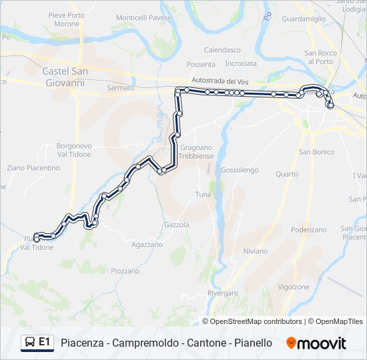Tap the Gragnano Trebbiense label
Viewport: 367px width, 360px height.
[x=196, y=151]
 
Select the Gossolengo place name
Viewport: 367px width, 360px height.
[x=240, y=170]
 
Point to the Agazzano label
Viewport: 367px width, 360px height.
[x=147, y=245]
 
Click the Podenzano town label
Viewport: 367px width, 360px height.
[x=308, y=229]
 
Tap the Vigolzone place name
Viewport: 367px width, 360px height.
[x=293, y=287]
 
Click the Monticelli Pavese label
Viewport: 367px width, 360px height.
[x=143, y=18]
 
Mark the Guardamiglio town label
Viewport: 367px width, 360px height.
[x=304, y=20]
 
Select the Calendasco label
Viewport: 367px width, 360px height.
[x=222, y=50]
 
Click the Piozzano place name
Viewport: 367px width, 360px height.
[x=125, y=271]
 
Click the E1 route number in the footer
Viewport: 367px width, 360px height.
[x=45, y=342]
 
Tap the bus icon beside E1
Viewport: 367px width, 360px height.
[x=30, y=343]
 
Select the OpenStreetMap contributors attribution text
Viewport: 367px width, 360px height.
[x=256, y=321]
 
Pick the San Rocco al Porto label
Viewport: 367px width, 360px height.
[x=318, y=57]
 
